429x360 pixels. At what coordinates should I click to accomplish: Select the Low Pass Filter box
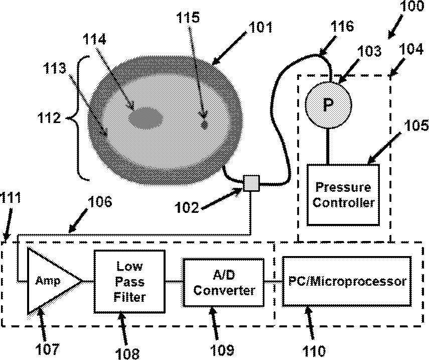(129, 282)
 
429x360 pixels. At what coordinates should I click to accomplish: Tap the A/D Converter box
(223, 282)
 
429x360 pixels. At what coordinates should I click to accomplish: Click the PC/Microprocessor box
(347, 281)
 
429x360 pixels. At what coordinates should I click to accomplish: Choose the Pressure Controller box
(343, 195)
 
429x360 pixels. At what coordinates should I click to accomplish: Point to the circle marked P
(328, 104)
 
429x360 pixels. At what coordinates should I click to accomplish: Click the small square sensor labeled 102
(251, 183)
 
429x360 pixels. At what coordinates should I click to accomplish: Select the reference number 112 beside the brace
(49, 118)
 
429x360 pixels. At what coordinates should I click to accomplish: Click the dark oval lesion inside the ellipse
(146, 118)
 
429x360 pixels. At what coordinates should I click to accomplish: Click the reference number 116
(342, 26)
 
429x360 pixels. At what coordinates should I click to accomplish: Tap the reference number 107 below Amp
(47, 349)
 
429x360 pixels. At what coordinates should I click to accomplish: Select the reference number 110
(314, 350)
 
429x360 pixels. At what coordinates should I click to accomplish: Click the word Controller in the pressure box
(343, 203)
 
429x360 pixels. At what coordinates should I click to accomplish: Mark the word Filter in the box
(129, 297)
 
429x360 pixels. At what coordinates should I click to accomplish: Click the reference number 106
(99, 202)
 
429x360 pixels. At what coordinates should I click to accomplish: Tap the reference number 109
(222, 350)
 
